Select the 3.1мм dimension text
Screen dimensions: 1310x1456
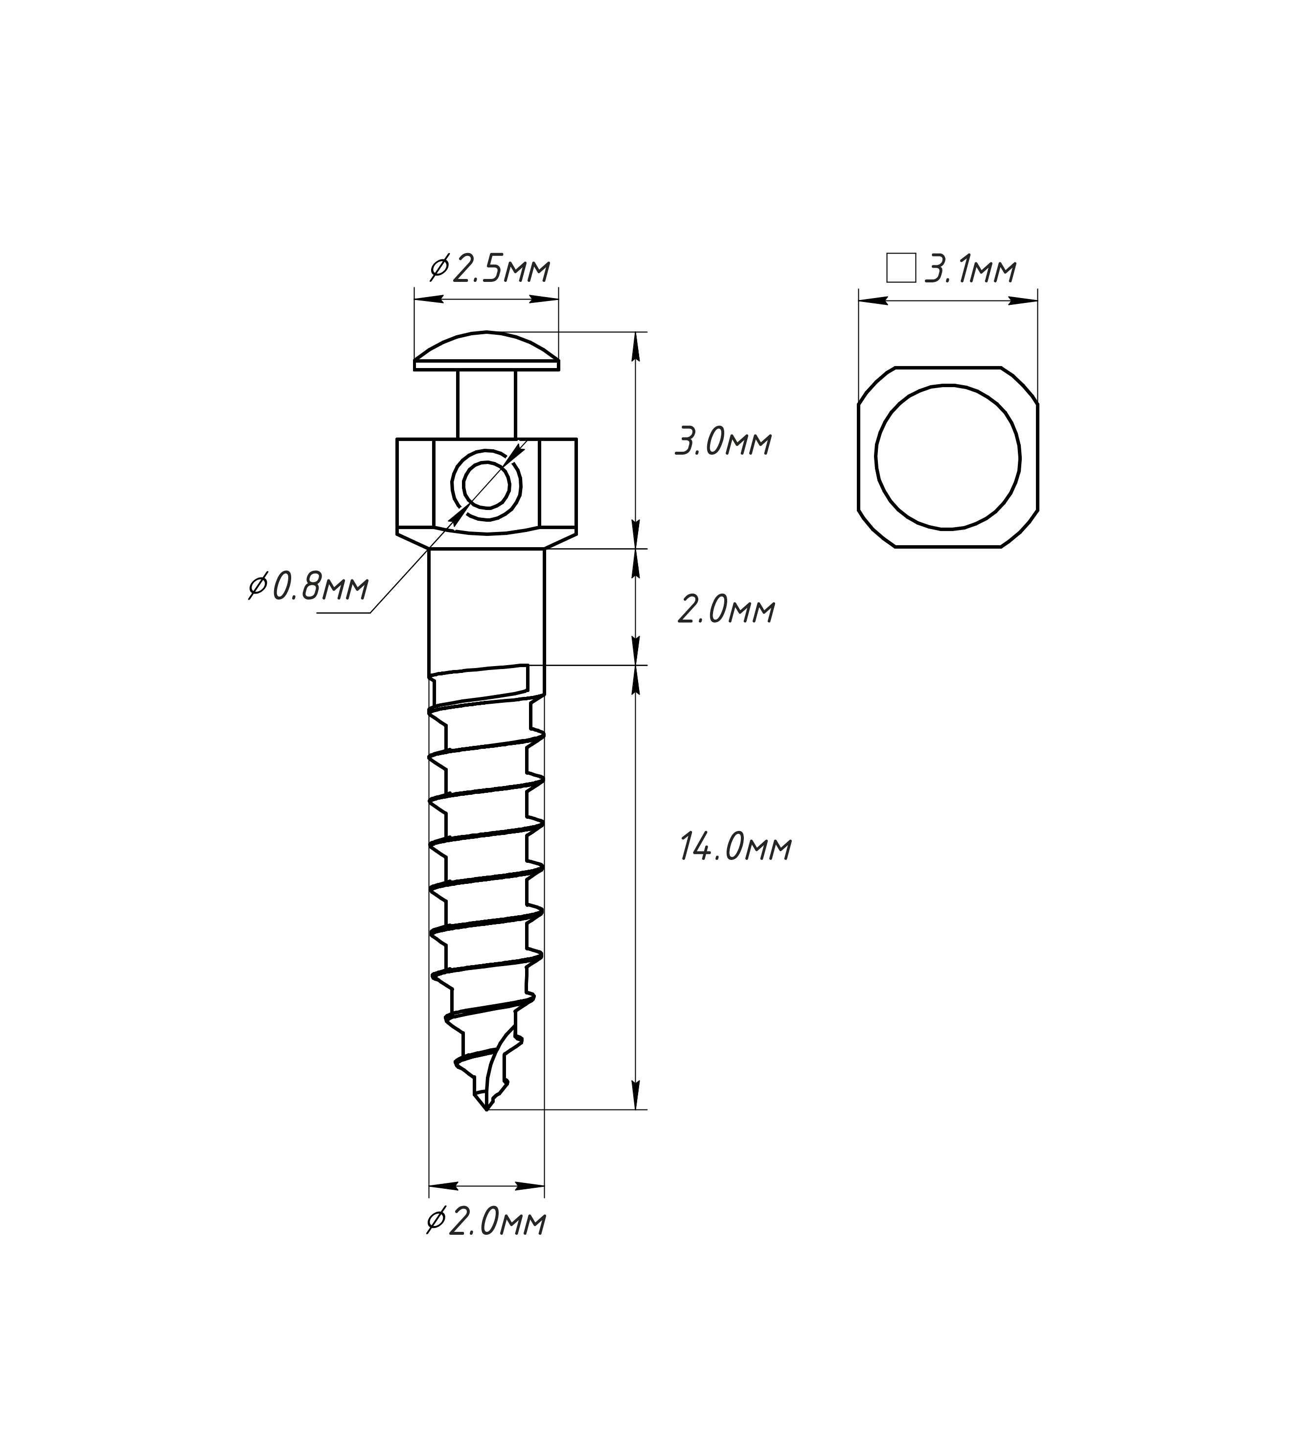coord(969,269)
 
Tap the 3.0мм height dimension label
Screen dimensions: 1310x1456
coord(723,442)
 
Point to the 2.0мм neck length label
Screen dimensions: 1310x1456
coord(726,610)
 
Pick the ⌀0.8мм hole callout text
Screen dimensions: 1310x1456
coord(308,587)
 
